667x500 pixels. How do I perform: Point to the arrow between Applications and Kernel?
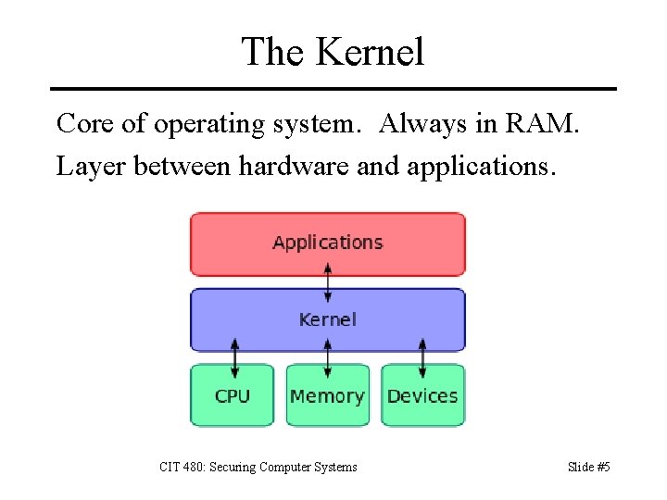click(328, 281)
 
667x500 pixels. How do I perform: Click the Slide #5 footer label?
click(588, 467)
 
